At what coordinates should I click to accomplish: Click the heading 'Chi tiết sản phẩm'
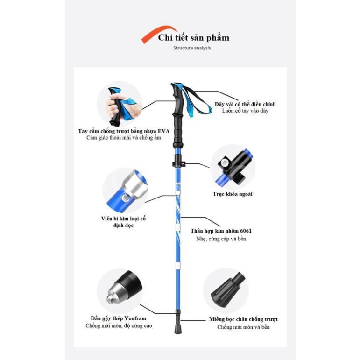[x=194, y=38]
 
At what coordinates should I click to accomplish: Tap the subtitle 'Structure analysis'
[x=192, y=48]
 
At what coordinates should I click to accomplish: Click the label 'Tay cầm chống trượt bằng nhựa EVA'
[x=124, y=131]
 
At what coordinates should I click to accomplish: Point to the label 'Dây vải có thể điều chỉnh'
[x=245, y=104]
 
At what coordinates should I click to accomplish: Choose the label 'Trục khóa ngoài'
[x=233, y=194]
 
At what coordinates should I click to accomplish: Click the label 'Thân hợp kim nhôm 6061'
[x=221, y=231]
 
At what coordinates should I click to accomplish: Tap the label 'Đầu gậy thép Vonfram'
[x=118, y=318]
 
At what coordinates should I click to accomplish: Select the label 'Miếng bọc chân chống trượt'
[x=243, y=319]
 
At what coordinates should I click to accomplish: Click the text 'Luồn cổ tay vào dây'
[x=245, y=111]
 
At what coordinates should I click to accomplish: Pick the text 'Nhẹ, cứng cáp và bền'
[x=221, y=239]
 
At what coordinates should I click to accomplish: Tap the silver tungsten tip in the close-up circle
[x=116, y=293]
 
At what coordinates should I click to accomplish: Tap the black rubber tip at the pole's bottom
[x=177, y=328]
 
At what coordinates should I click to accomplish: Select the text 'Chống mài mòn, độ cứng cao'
[x=119, y=326]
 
